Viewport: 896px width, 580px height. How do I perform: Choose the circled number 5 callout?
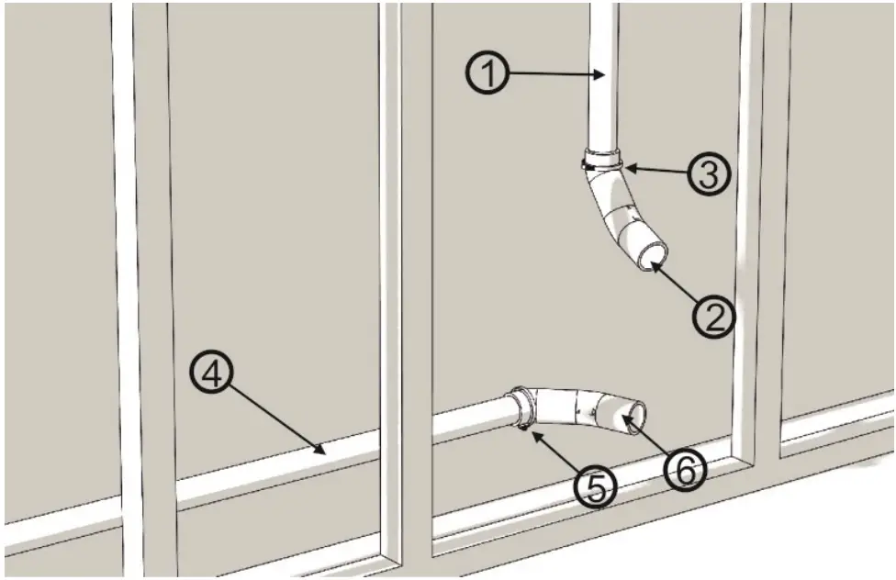tap(598, 487)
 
